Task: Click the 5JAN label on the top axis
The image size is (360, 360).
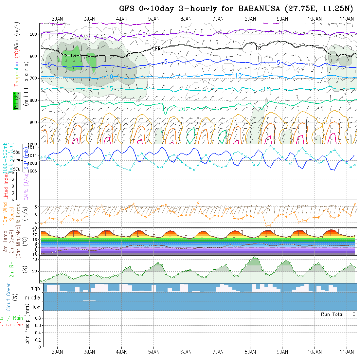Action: tap(154, 19)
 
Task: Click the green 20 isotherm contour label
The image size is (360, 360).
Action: tap(182, 109)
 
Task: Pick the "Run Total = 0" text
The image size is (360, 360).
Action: tap(338, 314)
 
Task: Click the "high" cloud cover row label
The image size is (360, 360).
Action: tap(35, 288)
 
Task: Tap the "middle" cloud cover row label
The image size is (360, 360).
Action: tap(32, 298)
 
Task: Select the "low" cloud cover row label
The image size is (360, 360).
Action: tap(36, 307)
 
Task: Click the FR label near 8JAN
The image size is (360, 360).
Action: tap(258, 48)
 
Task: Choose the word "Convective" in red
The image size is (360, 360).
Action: tap(11, 325)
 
